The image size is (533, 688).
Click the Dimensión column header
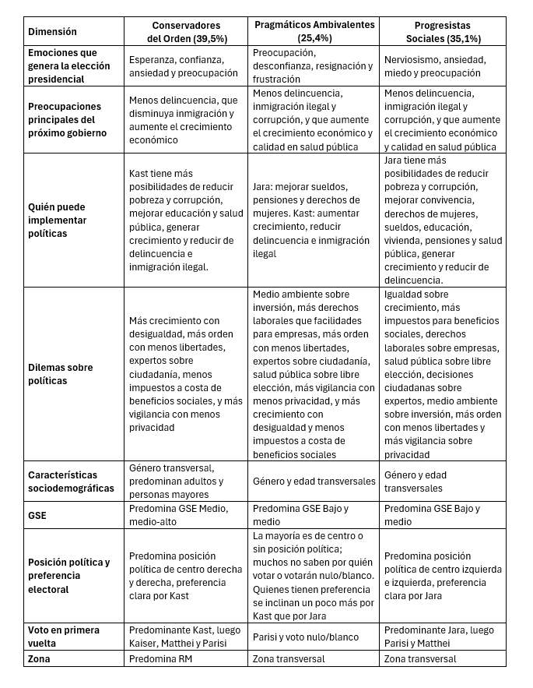[53, 32]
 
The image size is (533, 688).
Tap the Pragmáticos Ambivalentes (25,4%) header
[314, 31]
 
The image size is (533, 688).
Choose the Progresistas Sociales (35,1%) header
[444, 32]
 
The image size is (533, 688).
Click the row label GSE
[38, 515]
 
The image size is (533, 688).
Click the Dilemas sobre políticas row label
[58, 375]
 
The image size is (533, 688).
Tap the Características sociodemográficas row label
[71, 482]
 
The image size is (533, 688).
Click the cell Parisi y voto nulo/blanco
[306, 637]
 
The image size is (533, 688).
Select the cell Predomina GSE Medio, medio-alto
[179, 515]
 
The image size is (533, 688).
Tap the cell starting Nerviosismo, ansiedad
[435, 65]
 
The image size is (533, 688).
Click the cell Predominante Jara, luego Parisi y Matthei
[439, 637]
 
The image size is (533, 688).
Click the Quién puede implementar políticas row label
[58, 221]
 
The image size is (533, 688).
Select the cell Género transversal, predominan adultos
[177, 482]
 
